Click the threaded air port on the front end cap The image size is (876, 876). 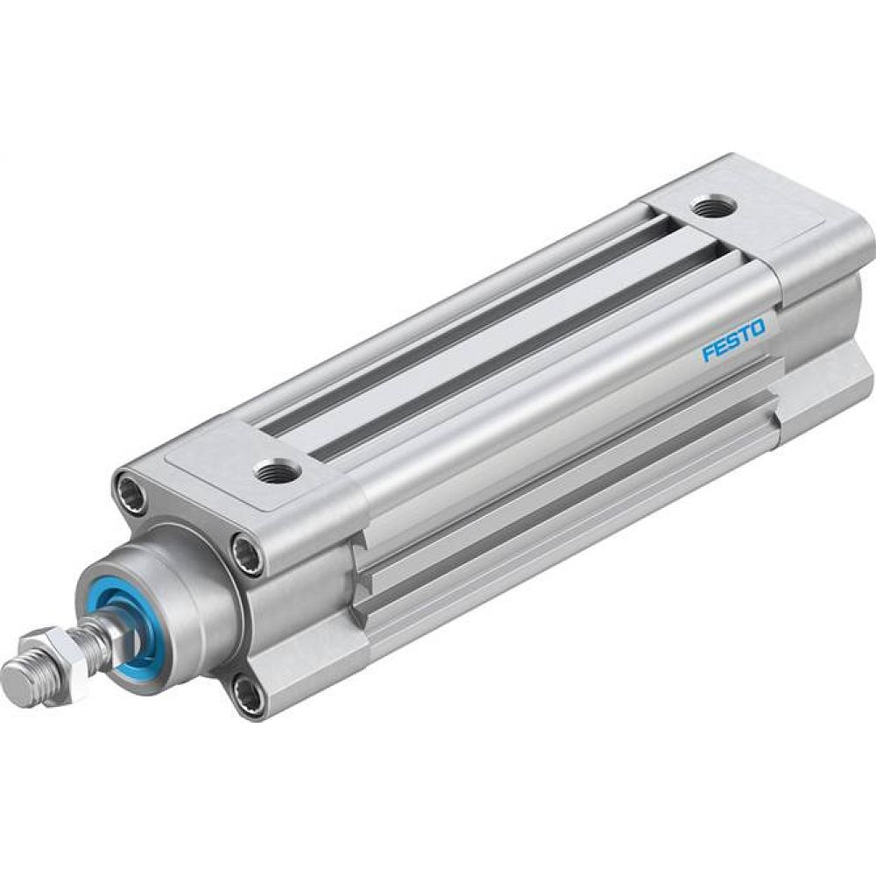pos(278,471)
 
